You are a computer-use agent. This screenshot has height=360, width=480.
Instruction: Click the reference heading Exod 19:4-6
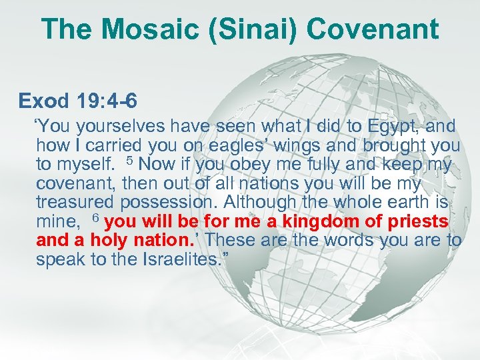coord(79,101)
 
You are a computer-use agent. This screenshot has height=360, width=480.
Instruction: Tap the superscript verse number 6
coord(95,218)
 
